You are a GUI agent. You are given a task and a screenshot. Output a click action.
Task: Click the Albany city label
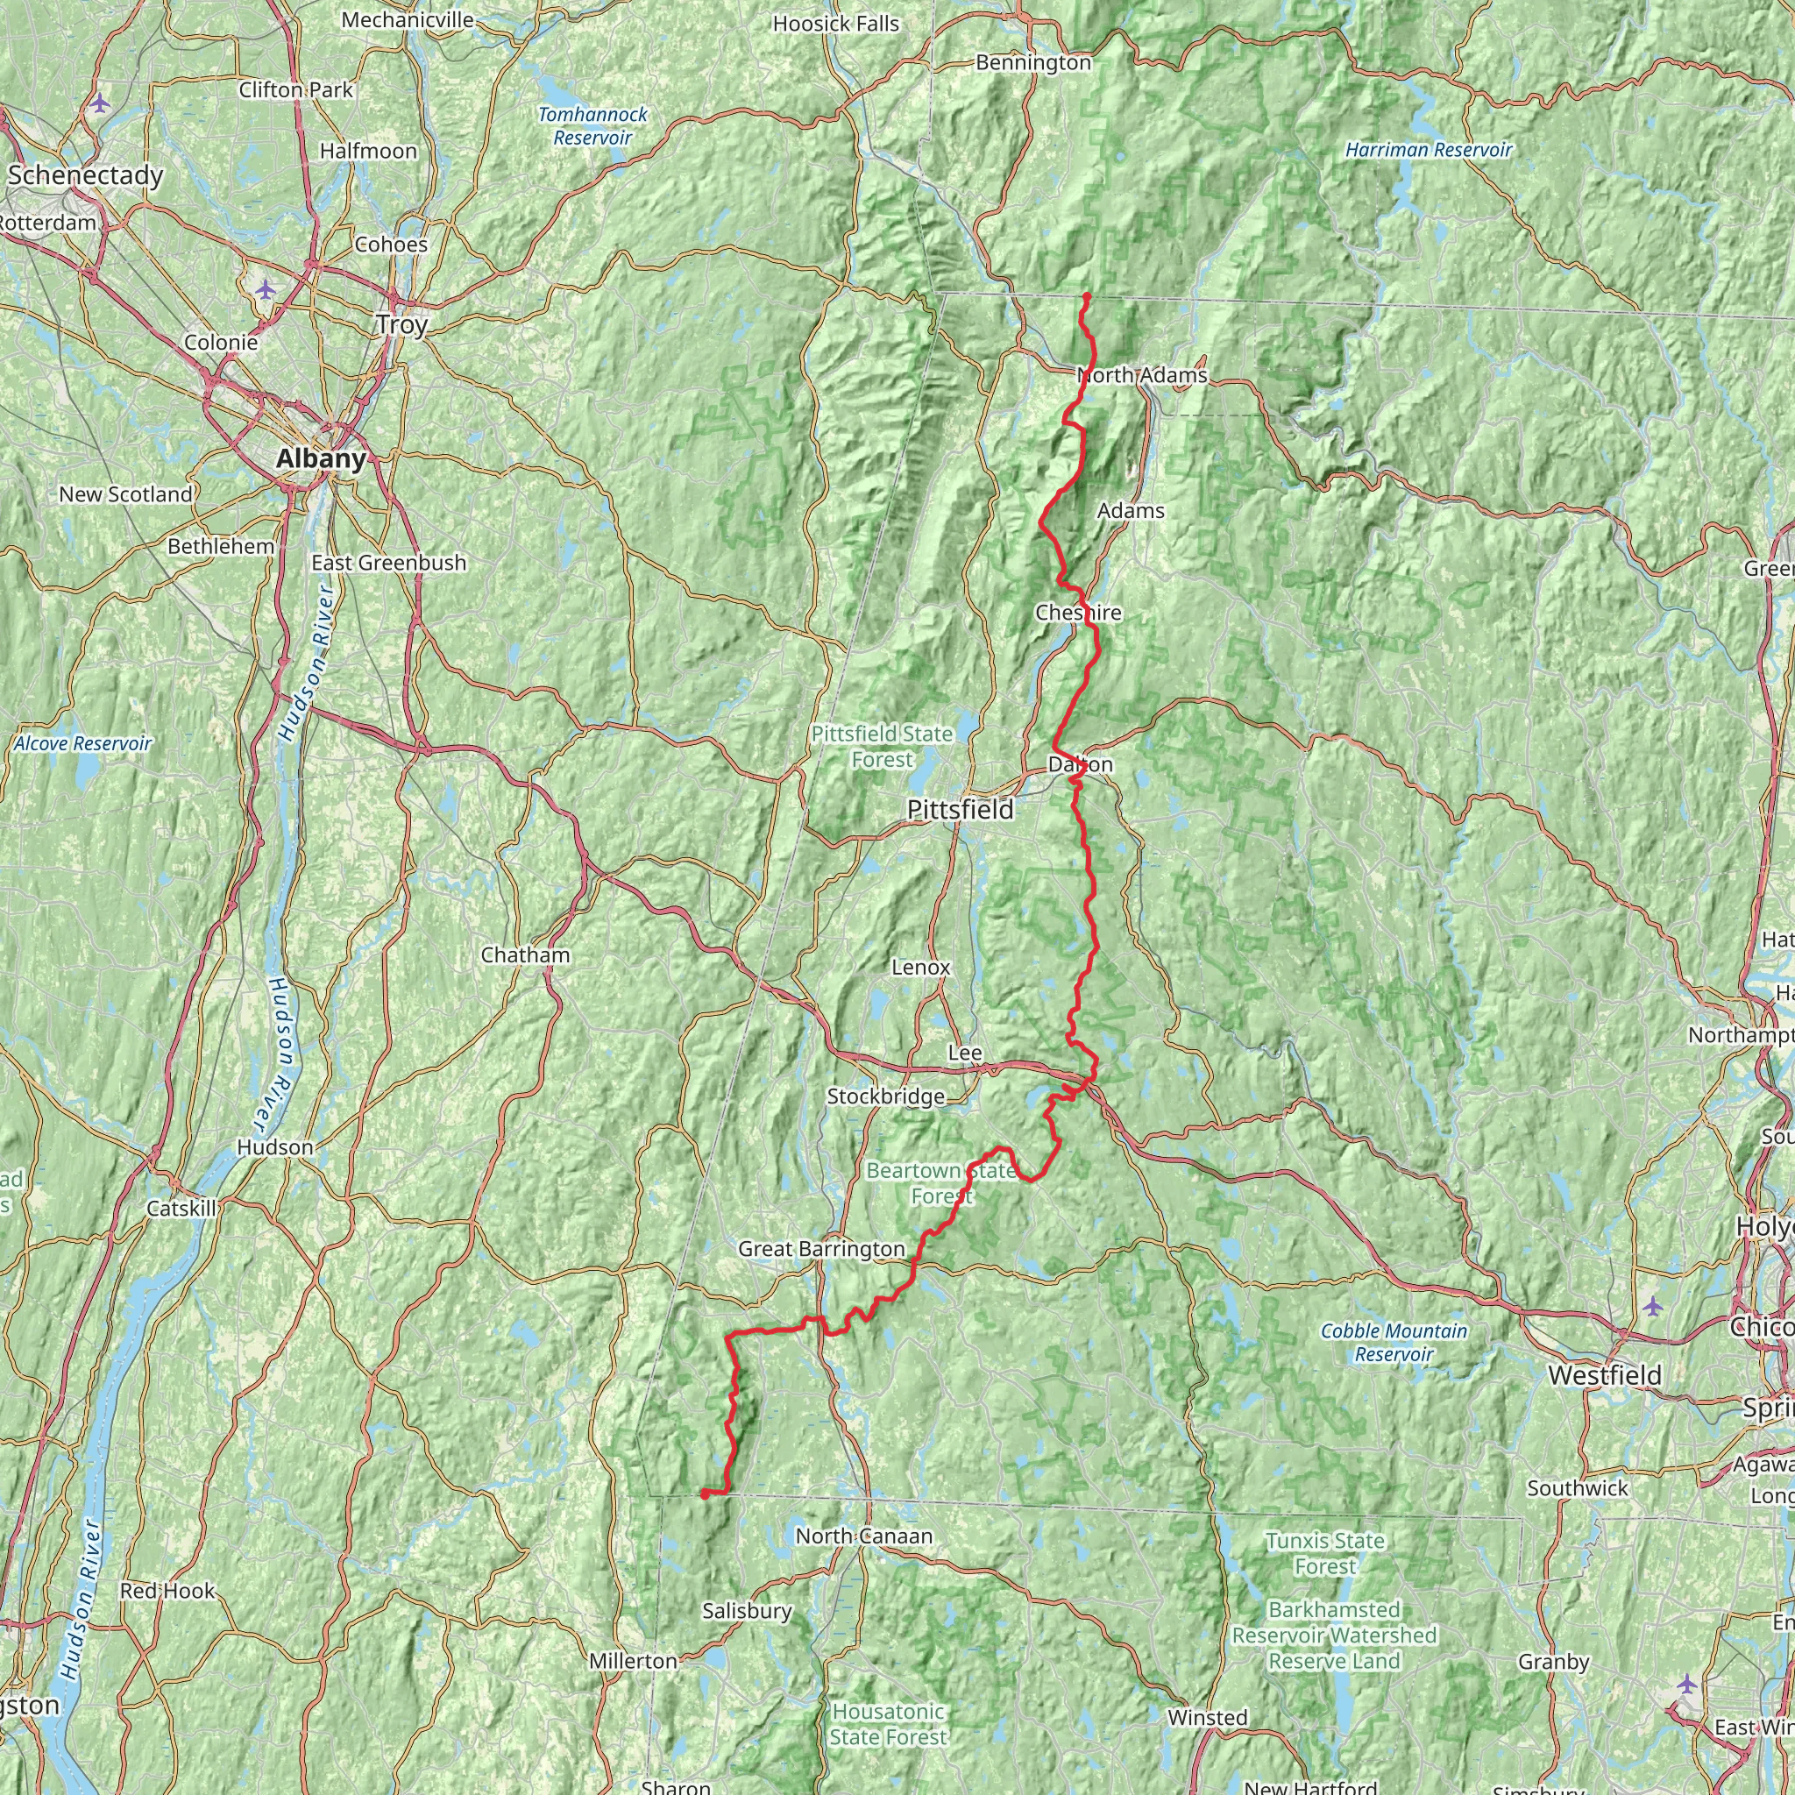pyautogui.click(x=321, y=459)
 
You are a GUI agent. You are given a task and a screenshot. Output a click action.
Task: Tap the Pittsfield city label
pyautogui.click(x=960, y=810)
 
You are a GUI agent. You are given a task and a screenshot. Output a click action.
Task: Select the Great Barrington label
pyautogui.click(x=821, y=1250)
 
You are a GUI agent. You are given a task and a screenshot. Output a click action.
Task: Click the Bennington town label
pyautogui.click(x=1033, y=63)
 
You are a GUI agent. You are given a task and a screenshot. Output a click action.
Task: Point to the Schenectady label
pyautogui.click(x=86, y=175)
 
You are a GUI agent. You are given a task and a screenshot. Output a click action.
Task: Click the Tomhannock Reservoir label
pyautogui.click(x=592, y=126)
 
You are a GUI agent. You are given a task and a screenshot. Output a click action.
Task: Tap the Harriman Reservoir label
pyautogui.click(x=1429, y=151)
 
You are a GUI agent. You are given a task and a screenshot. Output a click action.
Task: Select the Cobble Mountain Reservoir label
pyautogui.click(x=1394, y=1343)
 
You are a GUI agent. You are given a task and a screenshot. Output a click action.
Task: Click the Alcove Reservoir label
pyautogui.click(x=83, y=744)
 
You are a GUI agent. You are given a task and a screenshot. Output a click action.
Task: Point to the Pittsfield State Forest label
pyautogui.click(x=882, y=747)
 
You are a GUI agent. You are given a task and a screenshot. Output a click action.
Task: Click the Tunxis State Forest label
pyautogui.click(x=1325, y=1553)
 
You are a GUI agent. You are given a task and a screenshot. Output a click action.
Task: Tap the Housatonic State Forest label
pyautogui.click(x=888, y=1724)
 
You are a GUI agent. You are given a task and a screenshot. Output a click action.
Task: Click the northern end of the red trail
pyautogui.click(x=1086, y=296)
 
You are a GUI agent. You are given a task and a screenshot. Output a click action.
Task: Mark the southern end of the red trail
pyautogui.click(x=706, y=1494)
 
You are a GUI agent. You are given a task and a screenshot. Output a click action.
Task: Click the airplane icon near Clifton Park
pyautogui.click(x=100, y=103)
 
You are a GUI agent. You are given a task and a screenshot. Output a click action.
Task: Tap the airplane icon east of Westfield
pyautogui.click(x=1652, y=1307)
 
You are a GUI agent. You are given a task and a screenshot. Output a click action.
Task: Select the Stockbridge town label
pyautogui.click(x=885, y=1097)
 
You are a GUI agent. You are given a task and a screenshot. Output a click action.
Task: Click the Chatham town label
pyautogui.click(x=525, y=956)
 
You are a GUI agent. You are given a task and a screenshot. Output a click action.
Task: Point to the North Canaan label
pyautogui.click(x=863, y=1536)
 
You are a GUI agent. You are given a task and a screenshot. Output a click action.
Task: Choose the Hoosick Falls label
pyautogui.click(x=835, y=25)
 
